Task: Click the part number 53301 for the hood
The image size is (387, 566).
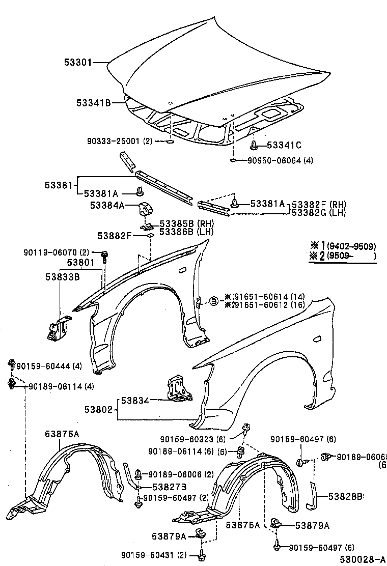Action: [x=77, y=63]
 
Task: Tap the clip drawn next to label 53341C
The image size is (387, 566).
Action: [x=253, y=146]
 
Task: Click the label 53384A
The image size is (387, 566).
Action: [x=107, y=205]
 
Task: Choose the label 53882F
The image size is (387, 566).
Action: [x=115, y=235]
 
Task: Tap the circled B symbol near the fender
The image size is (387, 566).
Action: [x=214, y=302]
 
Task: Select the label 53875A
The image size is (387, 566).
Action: [x=62, y=434]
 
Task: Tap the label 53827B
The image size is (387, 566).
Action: [x=162, y=486]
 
